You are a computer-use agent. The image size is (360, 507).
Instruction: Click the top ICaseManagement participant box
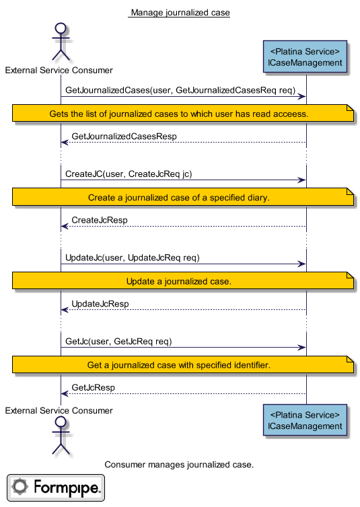(305, 56)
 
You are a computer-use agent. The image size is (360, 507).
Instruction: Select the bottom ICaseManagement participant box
(305, 420)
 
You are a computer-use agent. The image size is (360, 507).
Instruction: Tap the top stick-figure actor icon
(61, 42)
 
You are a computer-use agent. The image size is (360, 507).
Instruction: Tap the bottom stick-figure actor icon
(61, 435)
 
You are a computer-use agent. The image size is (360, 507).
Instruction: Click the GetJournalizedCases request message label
(180, 90)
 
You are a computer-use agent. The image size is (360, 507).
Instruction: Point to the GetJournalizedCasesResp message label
(124, 136)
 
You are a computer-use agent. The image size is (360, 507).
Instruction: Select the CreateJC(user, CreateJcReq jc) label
(129, 174)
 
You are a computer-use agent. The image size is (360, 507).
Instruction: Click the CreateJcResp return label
(100, 220)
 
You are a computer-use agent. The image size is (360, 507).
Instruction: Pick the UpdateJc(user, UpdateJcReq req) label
(133, 258)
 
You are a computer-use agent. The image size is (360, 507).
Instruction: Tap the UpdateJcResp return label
(100, 304)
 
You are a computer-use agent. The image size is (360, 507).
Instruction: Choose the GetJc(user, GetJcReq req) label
(118, 342)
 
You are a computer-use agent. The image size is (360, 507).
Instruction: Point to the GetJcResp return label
(93, 387)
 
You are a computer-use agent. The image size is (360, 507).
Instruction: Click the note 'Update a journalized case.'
(183, 280)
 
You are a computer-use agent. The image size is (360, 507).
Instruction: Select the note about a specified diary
(183, 197)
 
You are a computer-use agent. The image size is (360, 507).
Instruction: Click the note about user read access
(183, 113)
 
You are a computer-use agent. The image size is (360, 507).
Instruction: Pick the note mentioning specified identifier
(183, 364)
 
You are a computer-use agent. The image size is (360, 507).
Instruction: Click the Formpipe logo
(56, 487)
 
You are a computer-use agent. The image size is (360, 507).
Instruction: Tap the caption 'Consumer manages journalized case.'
(179, 465)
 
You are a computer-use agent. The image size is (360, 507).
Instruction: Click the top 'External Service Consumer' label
(59, 70)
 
